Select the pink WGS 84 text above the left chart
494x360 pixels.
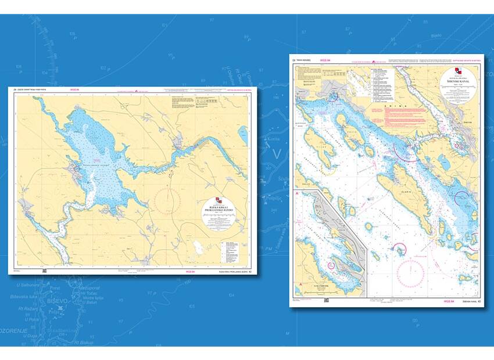click(74, 90)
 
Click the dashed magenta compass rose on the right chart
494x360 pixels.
click(410, 271)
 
